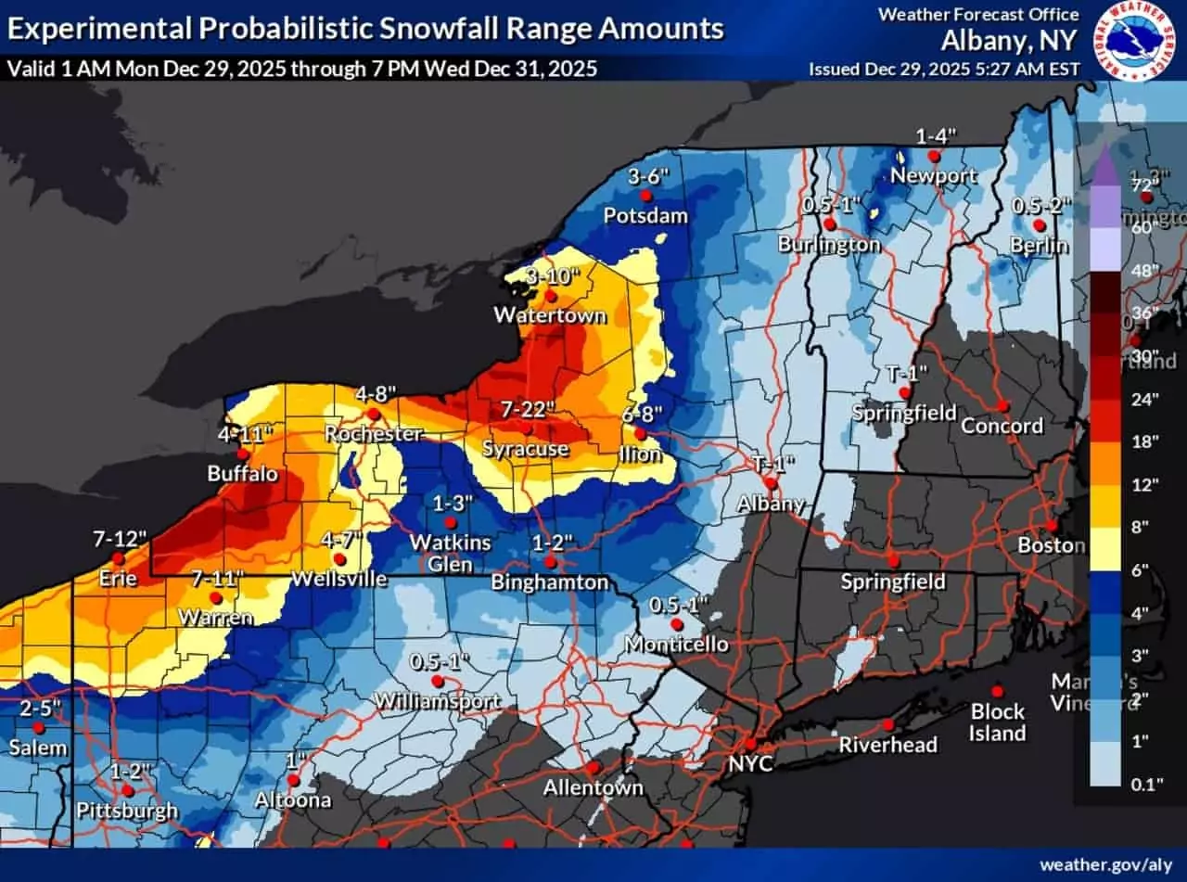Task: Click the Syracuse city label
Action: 524,449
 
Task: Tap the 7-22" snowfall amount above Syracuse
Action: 528,409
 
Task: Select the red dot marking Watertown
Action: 550,296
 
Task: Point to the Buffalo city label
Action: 242,474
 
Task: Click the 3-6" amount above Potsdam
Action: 648,176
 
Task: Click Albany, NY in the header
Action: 1010,41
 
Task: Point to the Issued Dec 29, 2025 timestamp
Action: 943,69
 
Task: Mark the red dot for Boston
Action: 1052,526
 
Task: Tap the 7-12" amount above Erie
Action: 118,538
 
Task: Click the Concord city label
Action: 1002,426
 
